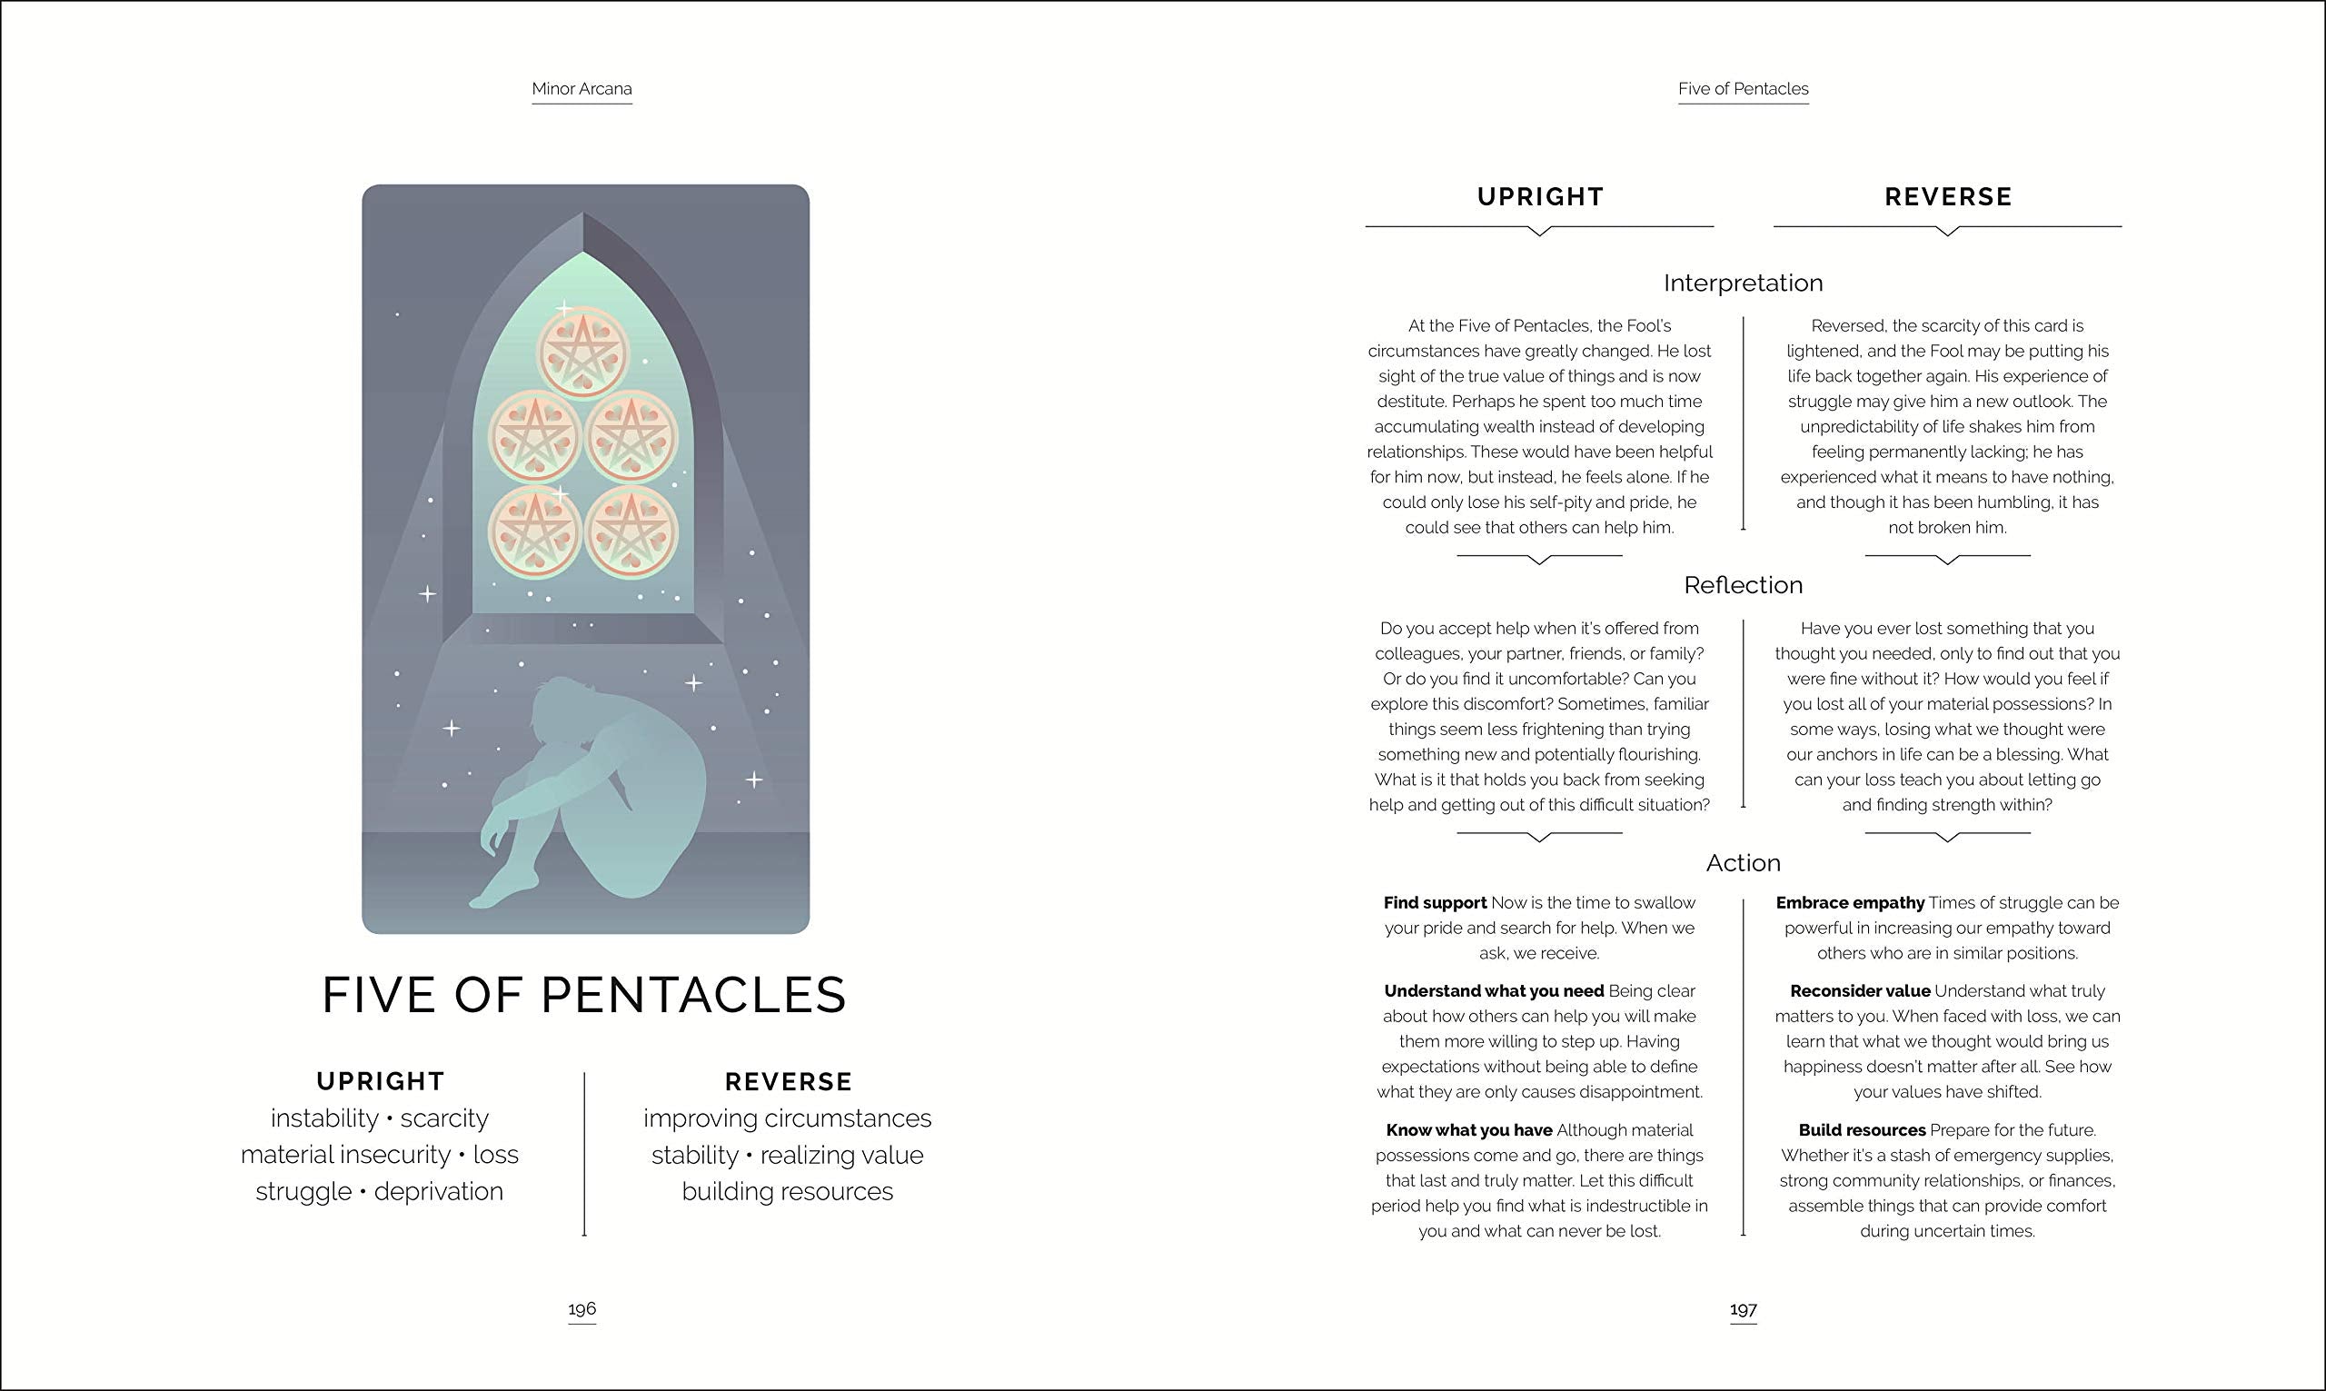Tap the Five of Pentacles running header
(1743, 89)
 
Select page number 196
(582, 1308)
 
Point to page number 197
(1743, 1308)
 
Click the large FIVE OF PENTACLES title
(584, 995)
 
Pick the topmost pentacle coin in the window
(583, 353)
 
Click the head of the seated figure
(562, 703)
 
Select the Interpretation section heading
(1743, 283)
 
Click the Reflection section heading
(1743, 585)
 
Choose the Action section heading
(1743, 862)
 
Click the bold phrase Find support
(1435, 902)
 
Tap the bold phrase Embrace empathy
(1850, 902)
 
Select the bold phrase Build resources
(1861, 1130)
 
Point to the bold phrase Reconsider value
(1859, 990)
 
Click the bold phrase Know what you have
(1468, 1130)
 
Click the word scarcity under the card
(444, 1118)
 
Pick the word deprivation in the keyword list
(439, 1191)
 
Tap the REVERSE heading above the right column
(1948, 197)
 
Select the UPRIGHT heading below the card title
(381, 1082)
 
